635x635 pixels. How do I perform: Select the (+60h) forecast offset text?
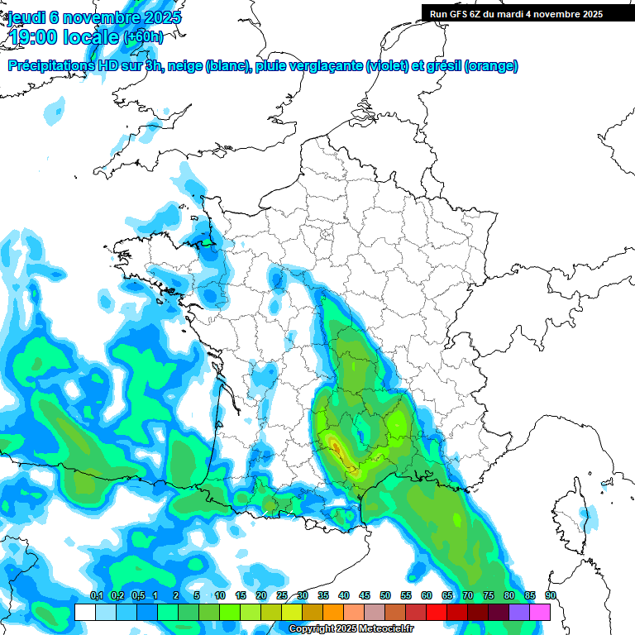coord(143,37)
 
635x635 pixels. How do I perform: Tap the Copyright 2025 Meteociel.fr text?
coord(351,629)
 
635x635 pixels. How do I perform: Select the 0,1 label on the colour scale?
coord(96,596)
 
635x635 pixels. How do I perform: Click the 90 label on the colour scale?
coord(551,596)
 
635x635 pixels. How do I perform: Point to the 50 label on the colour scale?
coord(385,596)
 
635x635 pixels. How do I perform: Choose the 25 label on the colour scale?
coord(282,596)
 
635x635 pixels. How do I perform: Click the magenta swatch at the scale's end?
coord(541,612)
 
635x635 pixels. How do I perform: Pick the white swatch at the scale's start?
coord(84,612)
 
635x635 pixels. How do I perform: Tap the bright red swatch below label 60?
coord(437,612)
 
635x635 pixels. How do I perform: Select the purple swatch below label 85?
coord(519,612)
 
